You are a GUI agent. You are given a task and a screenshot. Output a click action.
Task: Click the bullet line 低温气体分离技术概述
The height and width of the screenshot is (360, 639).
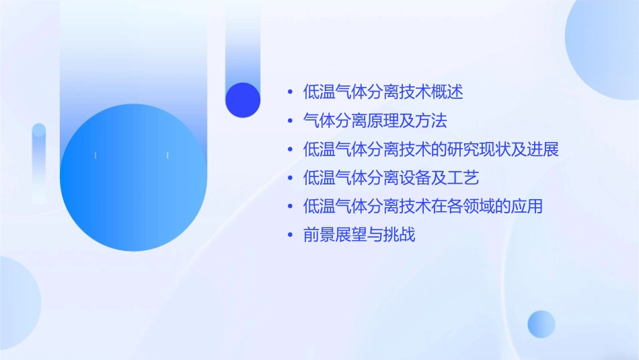point(383,92)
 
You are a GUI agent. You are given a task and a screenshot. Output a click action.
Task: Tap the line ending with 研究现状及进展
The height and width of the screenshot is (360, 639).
point(431,149)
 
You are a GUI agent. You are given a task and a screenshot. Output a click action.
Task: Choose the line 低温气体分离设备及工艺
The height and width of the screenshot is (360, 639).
point(391,178)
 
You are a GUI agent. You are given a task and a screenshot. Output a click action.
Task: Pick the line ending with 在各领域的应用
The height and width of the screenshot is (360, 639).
point(423,207)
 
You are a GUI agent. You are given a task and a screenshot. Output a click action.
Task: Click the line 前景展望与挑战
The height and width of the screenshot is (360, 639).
point(359,236)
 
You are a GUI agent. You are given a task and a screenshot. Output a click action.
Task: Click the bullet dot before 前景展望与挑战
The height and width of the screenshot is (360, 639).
point(290,236)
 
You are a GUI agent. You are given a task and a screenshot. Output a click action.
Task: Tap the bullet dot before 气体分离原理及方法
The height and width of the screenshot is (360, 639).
point(290,121)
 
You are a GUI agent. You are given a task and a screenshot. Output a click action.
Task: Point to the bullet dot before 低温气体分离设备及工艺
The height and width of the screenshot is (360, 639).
point(290,178)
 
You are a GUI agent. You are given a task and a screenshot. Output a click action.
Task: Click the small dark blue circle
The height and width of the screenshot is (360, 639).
point(243,100)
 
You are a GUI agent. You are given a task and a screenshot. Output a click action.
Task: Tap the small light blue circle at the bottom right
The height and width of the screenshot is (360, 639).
point(541,324)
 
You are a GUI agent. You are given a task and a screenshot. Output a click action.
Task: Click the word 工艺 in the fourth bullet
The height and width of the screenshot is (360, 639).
point(463,178)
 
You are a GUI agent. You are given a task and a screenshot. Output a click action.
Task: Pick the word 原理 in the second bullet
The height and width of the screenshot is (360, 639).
point(383,121)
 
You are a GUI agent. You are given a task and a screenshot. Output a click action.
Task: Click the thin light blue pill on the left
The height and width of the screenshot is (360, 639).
point(39,161)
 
